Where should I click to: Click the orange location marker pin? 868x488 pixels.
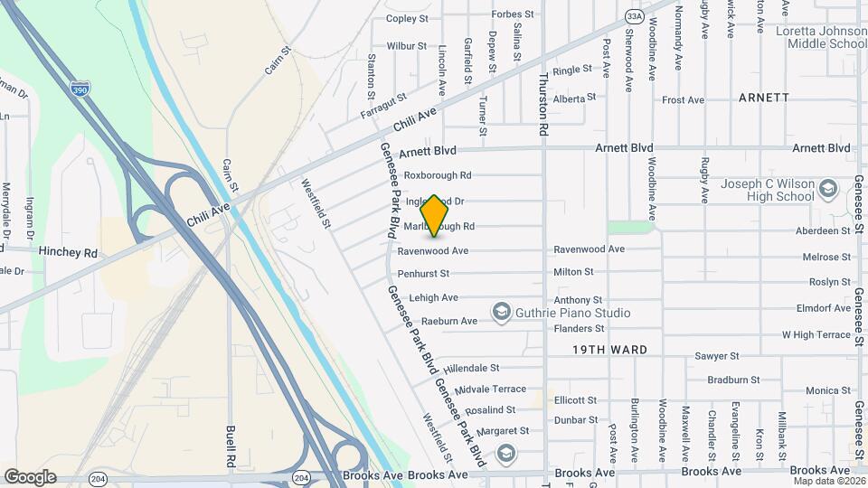pyautogui.click(x=435, y=215)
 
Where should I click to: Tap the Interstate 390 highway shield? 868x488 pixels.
pyautogui.click(x=80, y=89)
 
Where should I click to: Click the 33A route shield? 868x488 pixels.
pyautogui.click(x=634, y=16)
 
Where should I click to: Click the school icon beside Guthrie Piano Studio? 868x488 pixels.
pyautogui.click(x=502, y=313)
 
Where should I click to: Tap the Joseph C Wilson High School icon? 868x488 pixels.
pyautogui.click(x=827, y=190)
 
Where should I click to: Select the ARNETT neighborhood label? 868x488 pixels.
pyautogui.click(x=763, y=97)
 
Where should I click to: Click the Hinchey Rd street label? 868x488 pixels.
pyautogui.click(x=68, y=254)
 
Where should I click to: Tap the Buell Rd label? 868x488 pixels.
pyautogui.click(x=231, y=443)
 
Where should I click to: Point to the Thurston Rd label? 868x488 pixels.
pyautogui.click(x=544, y=105)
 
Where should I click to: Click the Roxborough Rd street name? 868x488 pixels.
pyautogui.click(x=438, y=175)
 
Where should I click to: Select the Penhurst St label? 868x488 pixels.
pyautogui.click(x=423, y=273)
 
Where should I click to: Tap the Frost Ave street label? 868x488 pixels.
pyautogui.click(x=683, y=100)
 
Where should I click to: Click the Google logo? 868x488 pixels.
pyautogui.click(x=30, y=477)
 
